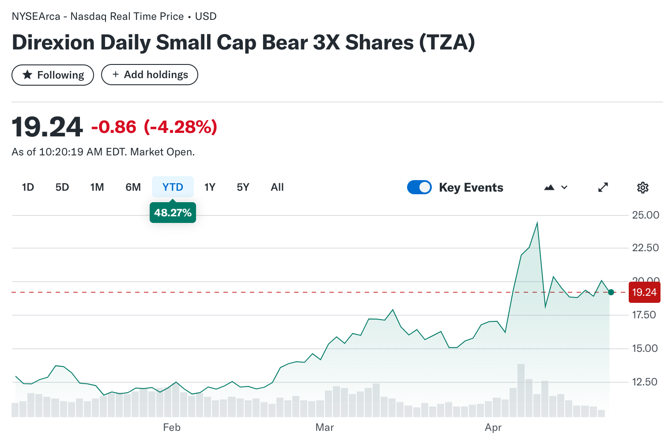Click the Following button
coord(53,75)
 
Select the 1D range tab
coord(28,187)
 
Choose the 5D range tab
coord(62,187)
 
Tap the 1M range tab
coord(97,187)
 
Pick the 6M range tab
coord(133,187)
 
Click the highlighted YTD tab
coord(173,187)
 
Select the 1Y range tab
coord(210,187)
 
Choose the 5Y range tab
coord(243,187)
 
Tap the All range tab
coord(277,187)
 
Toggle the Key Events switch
coord(419,187)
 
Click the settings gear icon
coord(642,188)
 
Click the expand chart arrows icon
coord(603,187)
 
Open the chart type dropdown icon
coord(555,187)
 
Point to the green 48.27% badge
coord(173,213)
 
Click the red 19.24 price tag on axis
coord(644,292)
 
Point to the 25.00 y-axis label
coord(645,215)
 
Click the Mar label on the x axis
coord(325,427)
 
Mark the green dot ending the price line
coord(611,292)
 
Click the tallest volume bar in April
coord(521,391)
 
